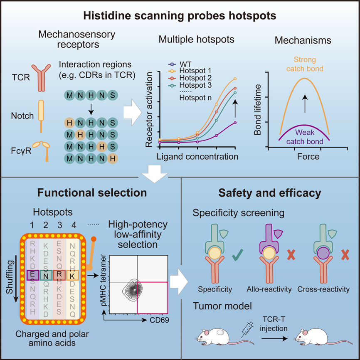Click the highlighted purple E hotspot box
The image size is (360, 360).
click(33, 274)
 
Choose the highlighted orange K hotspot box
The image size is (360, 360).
click(72, 274)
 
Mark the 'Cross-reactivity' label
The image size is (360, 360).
click(323, 289)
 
